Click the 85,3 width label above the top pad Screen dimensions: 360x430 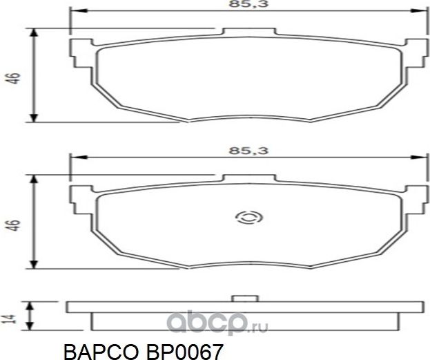coord(245,5)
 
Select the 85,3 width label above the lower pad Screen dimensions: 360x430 coord(245,150)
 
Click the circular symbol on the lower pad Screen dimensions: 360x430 coord(246,218)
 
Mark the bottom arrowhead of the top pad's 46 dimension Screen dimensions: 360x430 coord(32,118)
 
